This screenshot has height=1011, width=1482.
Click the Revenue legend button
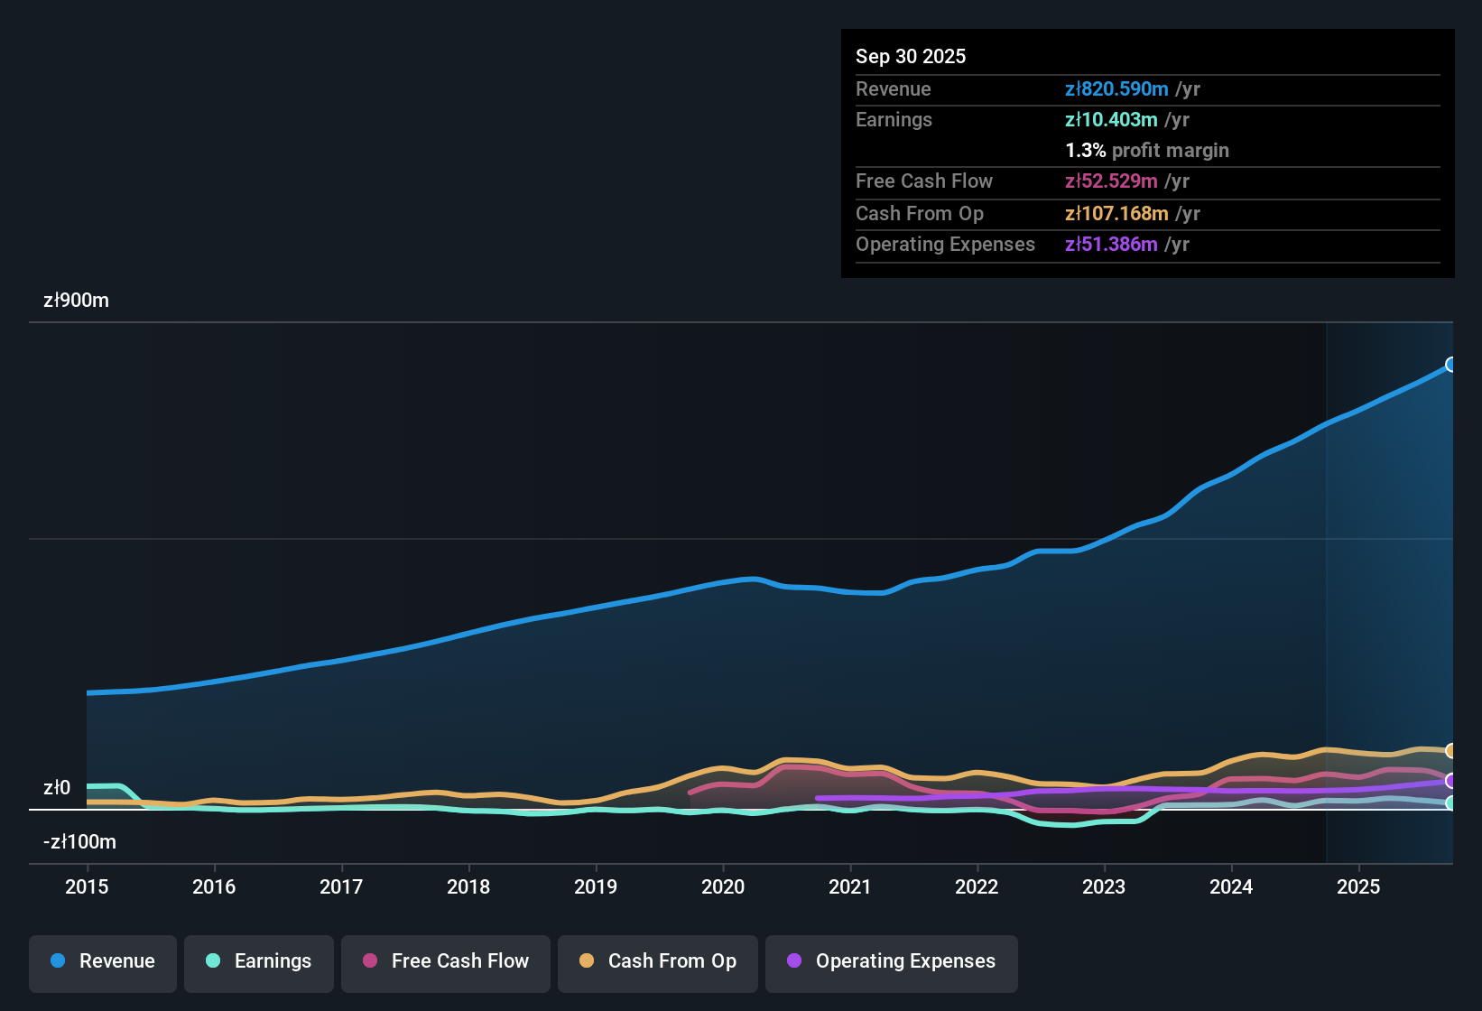pyautogui.click(x=103, y=961)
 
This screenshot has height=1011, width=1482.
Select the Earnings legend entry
pyautogui.click(x=259, y=961)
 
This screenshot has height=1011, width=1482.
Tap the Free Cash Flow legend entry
pyautogui.click(x=446, y=961)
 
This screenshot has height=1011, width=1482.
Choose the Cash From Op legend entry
pyautogui.click(x=658, y=961)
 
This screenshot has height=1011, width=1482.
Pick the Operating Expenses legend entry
pyautogui.click(x=892, y=961)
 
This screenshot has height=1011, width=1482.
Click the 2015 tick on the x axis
pyautogui.click(x=87, y=886)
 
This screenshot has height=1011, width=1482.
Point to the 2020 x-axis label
pyautogui.click(x=723, y=886)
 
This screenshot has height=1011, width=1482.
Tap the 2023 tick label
pyautogui.click(x=1104, y=886)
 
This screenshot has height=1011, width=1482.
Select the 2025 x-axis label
pyautogui.click(x=1358, y=886)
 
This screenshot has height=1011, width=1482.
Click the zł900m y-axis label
pyautogui.click(x=76, y=301)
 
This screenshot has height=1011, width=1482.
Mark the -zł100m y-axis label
pyautogui.click(x=79, y=842)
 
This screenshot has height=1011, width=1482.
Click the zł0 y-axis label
pyautogui.click(x=57, y=788)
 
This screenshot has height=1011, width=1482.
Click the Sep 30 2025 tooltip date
pyautogui.click(x=910, y=56)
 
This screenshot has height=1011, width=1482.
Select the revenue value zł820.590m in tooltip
pyautogui.click(x=1116, y=88)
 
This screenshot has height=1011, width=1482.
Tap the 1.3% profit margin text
pyautogui.click(x=1146, y=151)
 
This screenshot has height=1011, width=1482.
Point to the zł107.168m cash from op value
pyautogui.click(x=1116, y=214)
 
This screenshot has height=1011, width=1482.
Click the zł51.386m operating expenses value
pyautogui.click(x=1111, y=245)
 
